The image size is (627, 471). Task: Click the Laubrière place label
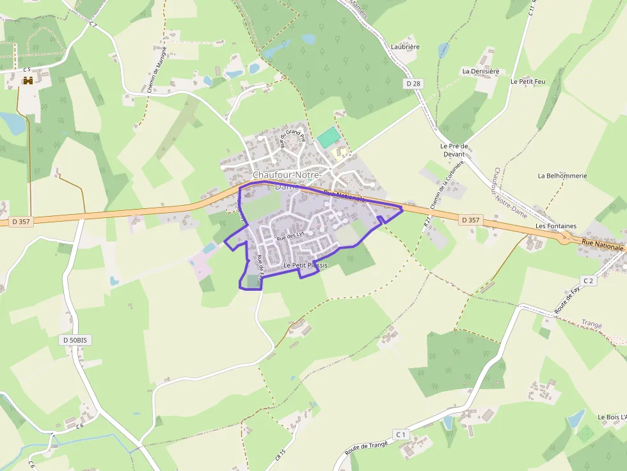(x=405, y=47)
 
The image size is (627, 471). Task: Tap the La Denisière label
(x=480, y=71)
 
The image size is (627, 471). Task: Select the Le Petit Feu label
(x=528, y=82)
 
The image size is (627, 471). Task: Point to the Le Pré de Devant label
(x=454, y=150)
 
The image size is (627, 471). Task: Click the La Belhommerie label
(x=562, y=176)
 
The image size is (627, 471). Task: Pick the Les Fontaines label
(x=556, y=226)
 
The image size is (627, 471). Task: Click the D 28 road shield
(x=413, y=84)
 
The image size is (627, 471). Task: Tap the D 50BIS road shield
(x=75, y=340)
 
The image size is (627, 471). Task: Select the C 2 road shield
(x=589, y=281)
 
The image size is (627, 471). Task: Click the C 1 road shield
(x=401, y=435)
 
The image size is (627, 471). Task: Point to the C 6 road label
(x=80, y=426)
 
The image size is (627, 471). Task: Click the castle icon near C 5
(x=28, y=81)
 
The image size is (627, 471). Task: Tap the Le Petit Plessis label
(x=305, y=265)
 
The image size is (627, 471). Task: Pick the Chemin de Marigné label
(x=157, y=69)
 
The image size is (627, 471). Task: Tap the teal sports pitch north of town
(x=329, y=137)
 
